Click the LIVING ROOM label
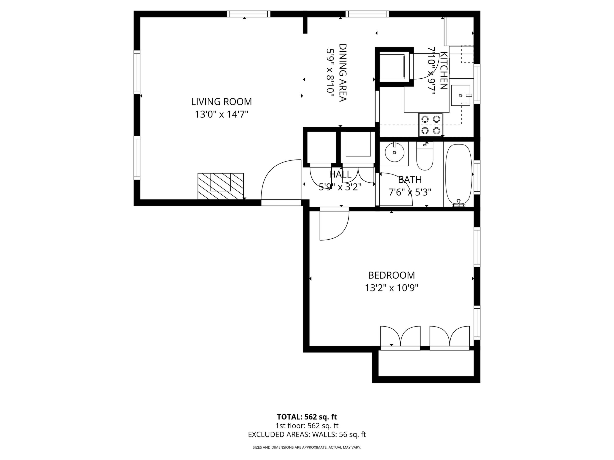[221, 102]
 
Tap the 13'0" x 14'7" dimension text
[221, 114]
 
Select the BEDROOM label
[391, 275]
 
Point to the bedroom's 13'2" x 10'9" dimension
[391, 288]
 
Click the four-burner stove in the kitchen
[431, 125]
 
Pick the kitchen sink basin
[460, 95]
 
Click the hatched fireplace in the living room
[221, 186]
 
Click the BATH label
[410, 180]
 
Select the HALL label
[340, 174]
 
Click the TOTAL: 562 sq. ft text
[307, 425]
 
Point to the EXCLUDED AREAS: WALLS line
[307, 442]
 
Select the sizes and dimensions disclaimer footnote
[307, 455]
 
